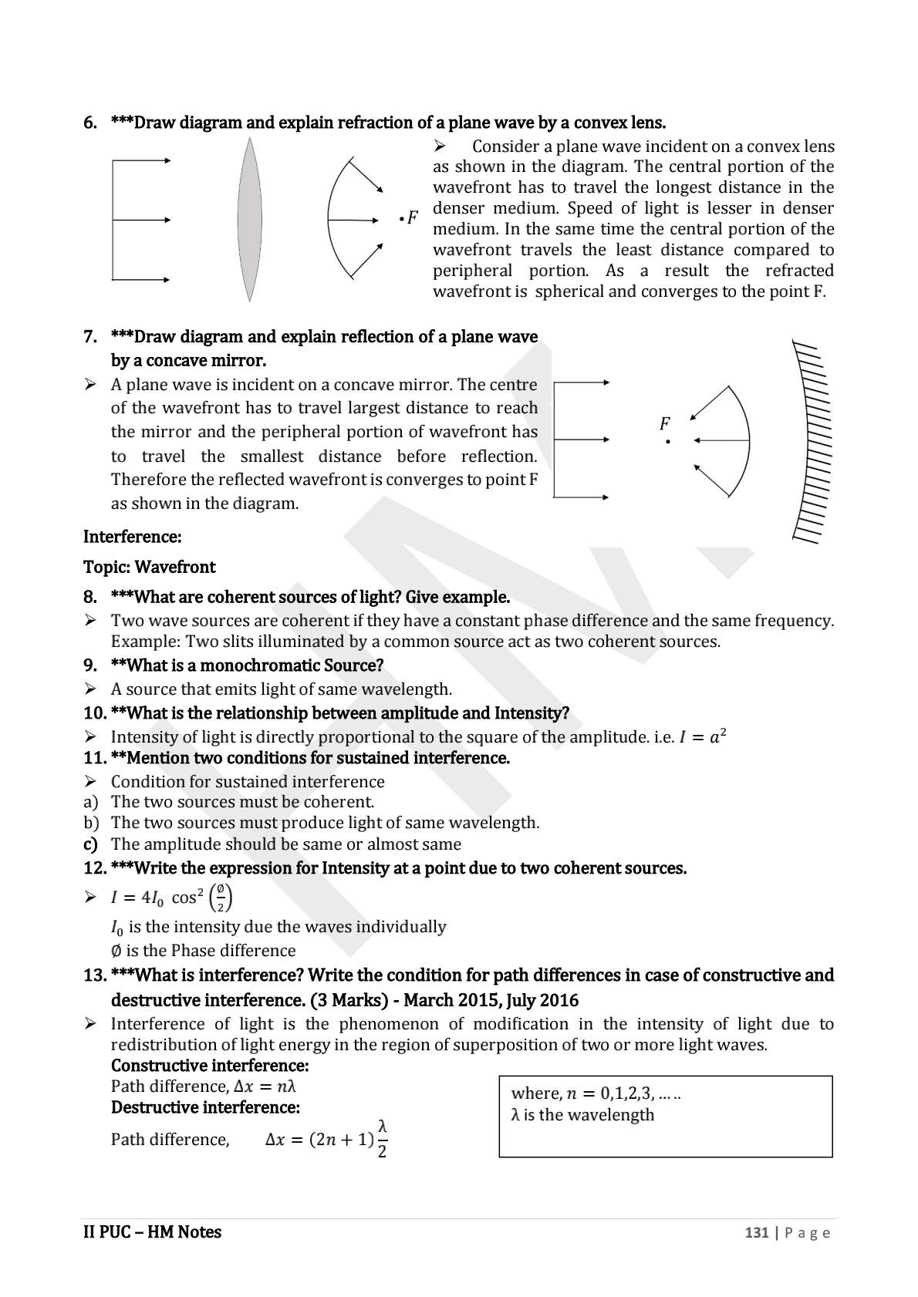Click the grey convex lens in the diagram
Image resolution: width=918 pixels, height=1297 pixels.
[x=248, y=220]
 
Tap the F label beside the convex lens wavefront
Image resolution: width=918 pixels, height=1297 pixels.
[x=413, y=218]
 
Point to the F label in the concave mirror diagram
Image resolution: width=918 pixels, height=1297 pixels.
[x=664, y=423]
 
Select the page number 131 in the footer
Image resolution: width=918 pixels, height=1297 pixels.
[x=756, y=1232]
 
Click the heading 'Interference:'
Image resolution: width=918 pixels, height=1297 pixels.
[x=132, y=537]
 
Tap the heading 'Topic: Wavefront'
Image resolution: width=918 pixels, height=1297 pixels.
[x=149, y=567]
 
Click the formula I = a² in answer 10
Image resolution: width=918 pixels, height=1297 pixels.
[x=703, y=736]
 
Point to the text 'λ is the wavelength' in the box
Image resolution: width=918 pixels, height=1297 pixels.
[x=582, y=1115]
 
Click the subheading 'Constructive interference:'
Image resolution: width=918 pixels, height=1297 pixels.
[x=210, y=1066]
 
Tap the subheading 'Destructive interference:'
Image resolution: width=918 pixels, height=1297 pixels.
[x=205, y=1107]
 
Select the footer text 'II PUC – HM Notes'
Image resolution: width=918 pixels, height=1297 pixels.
[x=152, y=1232]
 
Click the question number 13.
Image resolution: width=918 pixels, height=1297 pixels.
[x=94, y=975]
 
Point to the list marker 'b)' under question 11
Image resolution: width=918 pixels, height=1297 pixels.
[x=91, y=823]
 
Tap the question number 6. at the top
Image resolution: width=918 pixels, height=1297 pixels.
[x=90, y=123]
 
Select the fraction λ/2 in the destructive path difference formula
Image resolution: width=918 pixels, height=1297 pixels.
[x=382, y=1139]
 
